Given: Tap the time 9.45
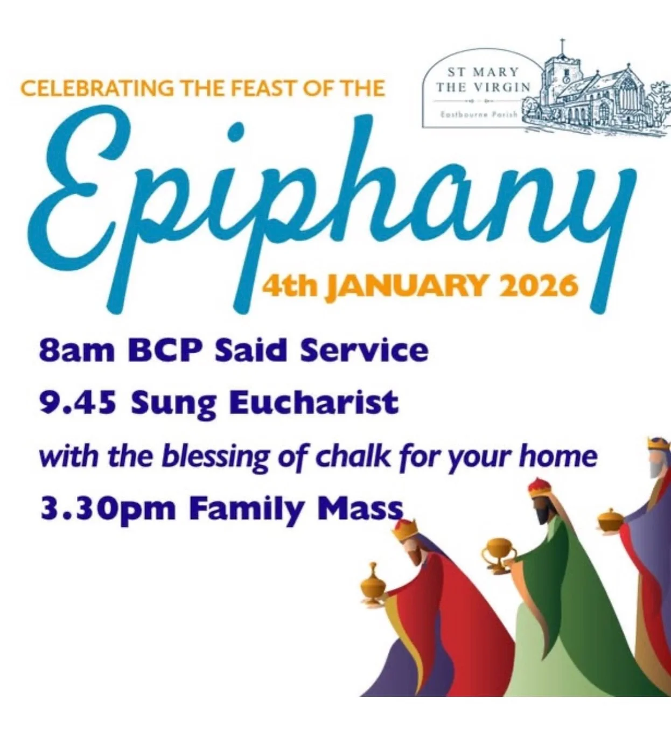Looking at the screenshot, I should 78,403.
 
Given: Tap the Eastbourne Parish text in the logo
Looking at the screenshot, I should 479,114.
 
